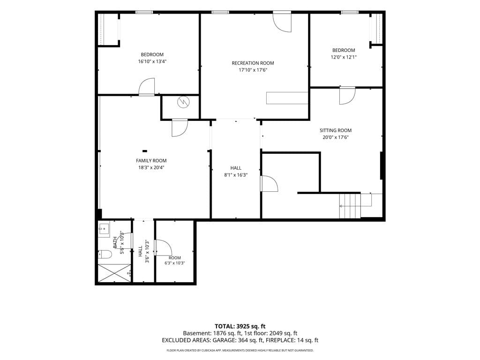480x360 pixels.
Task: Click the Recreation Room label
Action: (x=253, y=63)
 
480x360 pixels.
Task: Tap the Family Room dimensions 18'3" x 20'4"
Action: (x=151, y=167)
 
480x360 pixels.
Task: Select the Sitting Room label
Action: (x=336, y=130)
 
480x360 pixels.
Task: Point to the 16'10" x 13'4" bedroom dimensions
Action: (x=152, y=61)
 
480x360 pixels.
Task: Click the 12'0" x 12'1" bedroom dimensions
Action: (x=344, y=57)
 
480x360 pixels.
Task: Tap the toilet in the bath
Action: (x=105, y=254)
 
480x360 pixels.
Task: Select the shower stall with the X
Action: (x=114, y=273)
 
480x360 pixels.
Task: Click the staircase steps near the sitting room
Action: (x=350, y=206)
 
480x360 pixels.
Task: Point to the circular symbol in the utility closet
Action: (x=183, y=102)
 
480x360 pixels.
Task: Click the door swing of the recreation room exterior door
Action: (x=282, y=22)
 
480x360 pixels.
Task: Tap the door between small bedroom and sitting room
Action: (x=347, y=96)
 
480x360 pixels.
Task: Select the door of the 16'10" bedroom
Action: (x=147, y=87)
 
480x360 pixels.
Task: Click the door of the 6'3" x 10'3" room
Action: (x=163, y=247)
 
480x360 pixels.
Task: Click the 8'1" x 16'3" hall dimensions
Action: (x=236, y=175)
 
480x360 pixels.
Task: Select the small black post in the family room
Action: (x=145, y=151)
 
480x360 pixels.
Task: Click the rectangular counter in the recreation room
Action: (x=287, y=98)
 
